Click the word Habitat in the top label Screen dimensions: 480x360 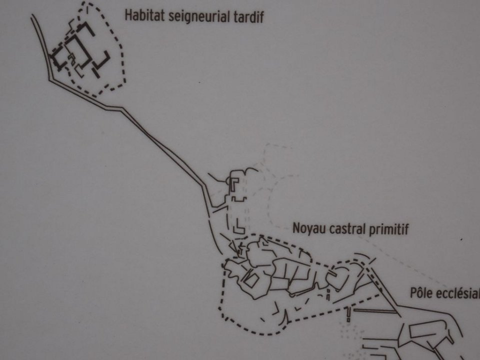click(x=145, y=15)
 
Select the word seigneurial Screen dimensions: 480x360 click(x=199, y=16)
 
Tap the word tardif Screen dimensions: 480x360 click(x=248, y=16)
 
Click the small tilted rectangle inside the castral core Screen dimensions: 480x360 click(x=250, y=279)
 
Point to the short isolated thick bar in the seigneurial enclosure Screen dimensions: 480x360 click(x=96, y=73)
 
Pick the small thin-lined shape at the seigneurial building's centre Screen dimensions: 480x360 click(x=71, y=59)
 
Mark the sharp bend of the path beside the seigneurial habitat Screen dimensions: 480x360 click(x=50, y=80)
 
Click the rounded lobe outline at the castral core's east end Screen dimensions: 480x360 click(x=336, y=277)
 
